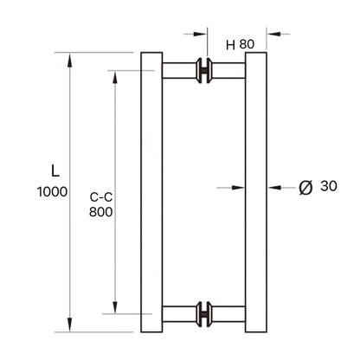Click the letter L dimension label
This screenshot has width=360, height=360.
pos(55,170)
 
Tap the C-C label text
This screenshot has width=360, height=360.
pos(101,196)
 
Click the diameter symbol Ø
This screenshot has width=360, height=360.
pos(303,186)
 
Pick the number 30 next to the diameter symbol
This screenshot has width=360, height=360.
pos(329,186)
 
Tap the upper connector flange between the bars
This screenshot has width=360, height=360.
pos(204,71)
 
